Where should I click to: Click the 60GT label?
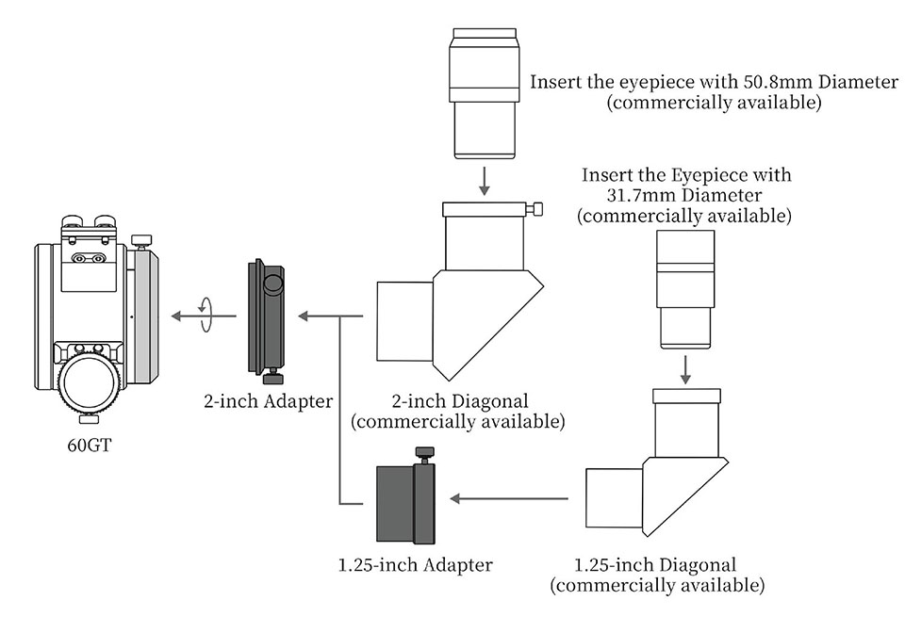[x=89, y=446]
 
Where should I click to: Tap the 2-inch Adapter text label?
[x=269, y=401]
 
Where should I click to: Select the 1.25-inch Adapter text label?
[x=416, y=565]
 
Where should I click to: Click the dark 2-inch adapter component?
[x=267, y=321]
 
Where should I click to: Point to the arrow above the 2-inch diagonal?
[x=485, y=181]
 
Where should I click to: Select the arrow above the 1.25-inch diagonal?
[x=685, y=369]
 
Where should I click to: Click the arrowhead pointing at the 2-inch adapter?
[x=304, y=316]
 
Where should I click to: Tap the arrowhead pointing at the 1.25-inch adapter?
[x=455, y=498]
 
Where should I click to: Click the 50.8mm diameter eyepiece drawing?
[x=484, y=93]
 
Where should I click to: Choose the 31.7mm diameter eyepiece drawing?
[x=685, y=289]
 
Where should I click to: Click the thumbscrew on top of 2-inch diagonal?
[x=535, y=209]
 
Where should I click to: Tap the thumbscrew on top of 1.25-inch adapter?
[x=424, y=454]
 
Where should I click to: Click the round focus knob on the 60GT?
[x=90, y=381]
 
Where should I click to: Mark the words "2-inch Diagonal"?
[x=459, y=401]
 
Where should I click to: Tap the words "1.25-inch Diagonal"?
[x=655, y=565]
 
